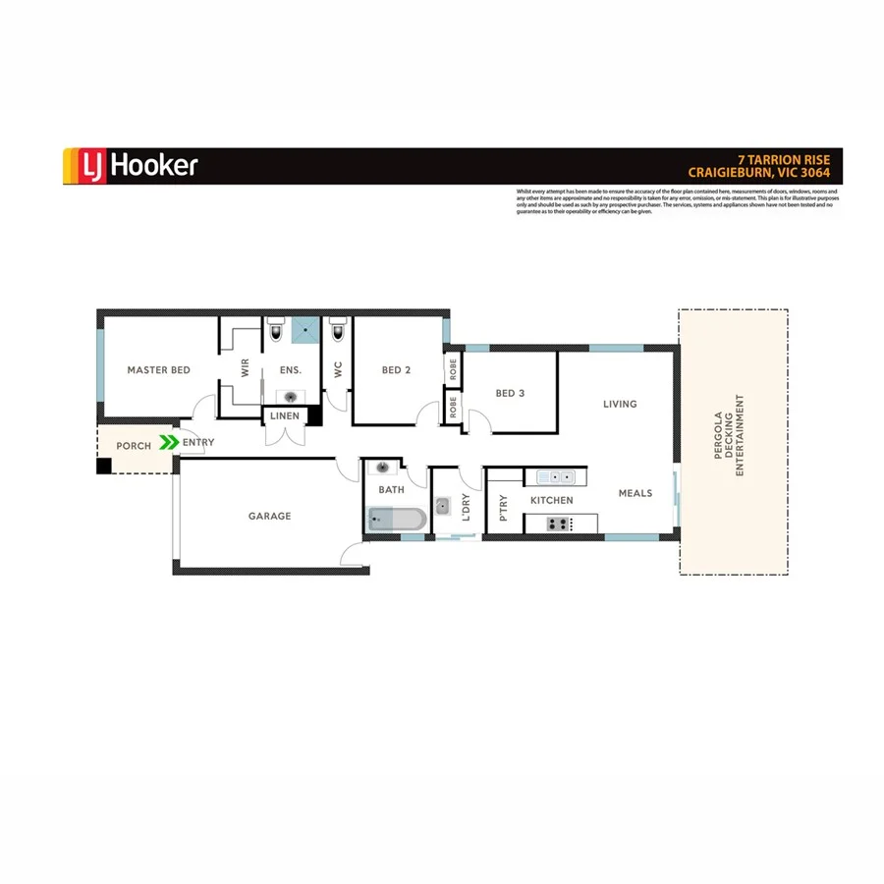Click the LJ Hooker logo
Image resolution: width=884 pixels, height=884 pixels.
pos(131,165)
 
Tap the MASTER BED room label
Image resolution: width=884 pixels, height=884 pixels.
pos(158,370)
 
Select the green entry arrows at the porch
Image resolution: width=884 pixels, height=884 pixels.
pos(169,444)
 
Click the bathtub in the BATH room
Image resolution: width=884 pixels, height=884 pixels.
pos(397,520)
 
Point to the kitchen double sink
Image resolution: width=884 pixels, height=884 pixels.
pos(555,478)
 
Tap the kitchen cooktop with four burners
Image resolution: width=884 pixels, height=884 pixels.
pos(558,524)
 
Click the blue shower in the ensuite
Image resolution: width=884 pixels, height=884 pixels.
pos(306,330)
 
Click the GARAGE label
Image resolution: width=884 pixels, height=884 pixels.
pos(269,516)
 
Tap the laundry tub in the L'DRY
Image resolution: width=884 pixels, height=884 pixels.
pos(444,507)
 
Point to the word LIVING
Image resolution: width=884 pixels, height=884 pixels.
pos(620,404)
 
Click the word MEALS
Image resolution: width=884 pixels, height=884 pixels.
pos(635,493)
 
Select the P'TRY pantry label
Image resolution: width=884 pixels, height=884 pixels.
pos(504,507)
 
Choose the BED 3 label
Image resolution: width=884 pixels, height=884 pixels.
pos(510,393)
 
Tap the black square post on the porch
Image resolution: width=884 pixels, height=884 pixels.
pos(104,466)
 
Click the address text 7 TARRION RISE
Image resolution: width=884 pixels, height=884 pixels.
pos(784,158)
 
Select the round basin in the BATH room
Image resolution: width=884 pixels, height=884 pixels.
pos(384,468)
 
